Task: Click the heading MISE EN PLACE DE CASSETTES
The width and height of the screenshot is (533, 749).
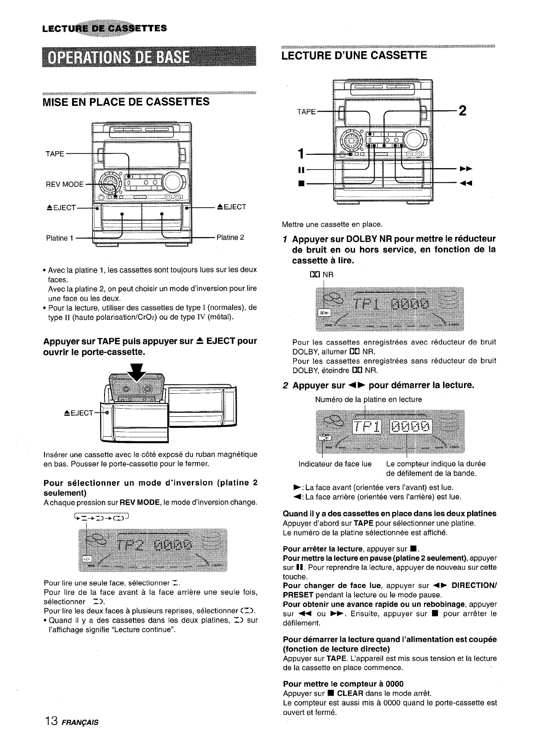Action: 126,102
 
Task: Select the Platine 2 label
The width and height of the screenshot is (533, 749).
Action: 230,237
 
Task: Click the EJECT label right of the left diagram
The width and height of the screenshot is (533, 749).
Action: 231,207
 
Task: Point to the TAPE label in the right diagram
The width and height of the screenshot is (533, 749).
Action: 306,112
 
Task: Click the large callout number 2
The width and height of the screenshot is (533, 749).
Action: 462,111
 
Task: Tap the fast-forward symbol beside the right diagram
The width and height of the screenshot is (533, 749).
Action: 465,169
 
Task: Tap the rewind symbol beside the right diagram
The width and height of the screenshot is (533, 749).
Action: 465,183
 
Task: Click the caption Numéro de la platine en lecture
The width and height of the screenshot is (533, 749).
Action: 368,399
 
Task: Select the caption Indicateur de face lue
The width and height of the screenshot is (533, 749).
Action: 335,464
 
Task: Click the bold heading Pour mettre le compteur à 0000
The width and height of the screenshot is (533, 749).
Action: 343,684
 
